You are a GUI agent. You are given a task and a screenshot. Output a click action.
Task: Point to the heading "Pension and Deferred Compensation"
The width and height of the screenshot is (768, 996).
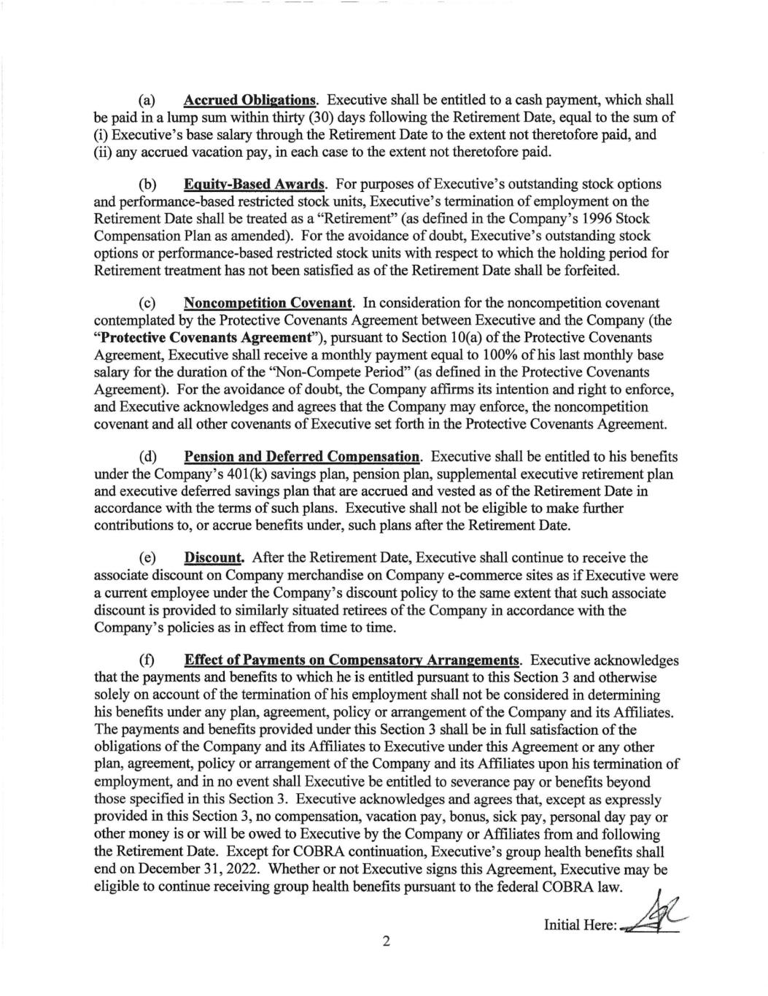303,457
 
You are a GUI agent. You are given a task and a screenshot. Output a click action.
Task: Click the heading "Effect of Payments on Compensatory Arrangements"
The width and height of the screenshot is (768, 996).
352,660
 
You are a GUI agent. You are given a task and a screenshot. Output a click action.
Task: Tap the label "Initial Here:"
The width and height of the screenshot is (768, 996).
581,926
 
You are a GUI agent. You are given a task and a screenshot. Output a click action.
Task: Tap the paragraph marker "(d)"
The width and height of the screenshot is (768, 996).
149,457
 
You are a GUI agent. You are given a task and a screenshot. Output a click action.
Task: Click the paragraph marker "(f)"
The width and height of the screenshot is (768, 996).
148,660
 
